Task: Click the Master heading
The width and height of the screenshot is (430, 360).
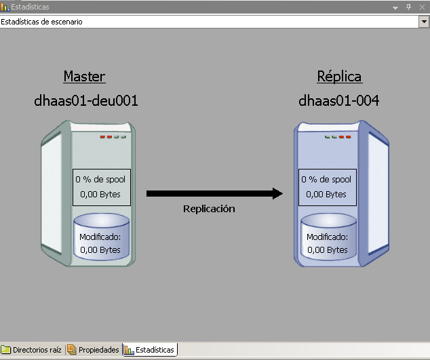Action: (x=84, y=76)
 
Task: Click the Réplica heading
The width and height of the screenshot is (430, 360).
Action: (x=339, y=76)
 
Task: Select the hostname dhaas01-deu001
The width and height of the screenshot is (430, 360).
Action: (x=86, y=101)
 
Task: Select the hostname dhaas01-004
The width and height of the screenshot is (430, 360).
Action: (x=338, y=101)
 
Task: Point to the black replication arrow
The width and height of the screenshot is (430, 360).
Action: (x=214, y=194)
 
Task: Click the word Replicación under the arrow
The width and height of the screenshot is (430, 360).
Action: (x=209, y=209)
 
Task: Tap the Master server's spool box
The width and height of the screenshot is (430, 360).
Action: (x=100, y=186)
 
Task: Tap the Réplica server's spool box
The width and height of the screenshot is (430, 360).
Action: (x=326, y=186)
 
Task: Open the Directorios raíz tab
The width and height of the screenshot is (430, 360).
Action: (x=32, y=350)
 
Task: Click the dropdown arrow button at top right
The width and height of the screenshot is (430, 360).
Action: (x=424, y=22)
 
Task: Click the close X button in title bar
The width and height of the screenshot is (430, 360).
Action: (x=423, y=7)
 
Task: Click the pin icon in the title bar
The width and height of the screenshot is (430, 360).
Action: (x=408, y=7)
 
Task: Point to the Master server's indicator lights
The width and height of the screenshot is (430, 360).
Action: (x=113, y=137)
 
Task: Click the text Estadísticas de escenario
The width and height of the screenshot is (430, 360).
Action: (x=42, y=22)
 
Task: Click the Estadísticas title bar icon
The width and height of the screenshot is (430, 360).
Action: (x=5, y=7)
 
